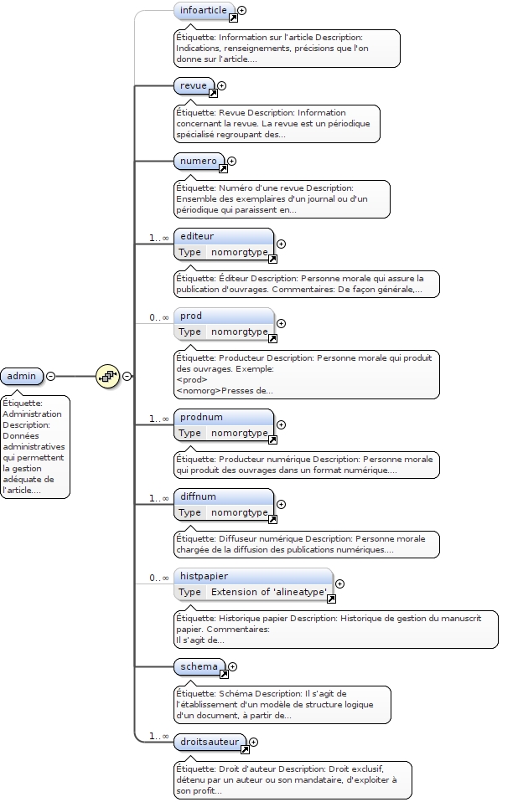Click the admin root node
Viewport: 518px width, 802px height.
click(x=21, y=376)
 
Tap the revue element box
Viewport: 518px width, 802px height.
click(x=192, y=85)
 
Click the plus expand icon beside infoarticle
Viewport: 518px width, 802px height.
click(x=242, y=11)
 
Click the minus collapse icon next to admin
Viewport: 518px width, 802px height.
click(x=51, y=376)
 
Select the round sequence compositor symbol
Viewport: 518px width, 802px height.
click(x=107, y=376)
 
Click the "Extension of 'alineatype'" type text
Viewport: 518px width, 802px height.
click(x=268, y=592)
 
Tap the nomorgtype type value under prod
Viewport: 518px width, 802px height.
click(x=239, y=332)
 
